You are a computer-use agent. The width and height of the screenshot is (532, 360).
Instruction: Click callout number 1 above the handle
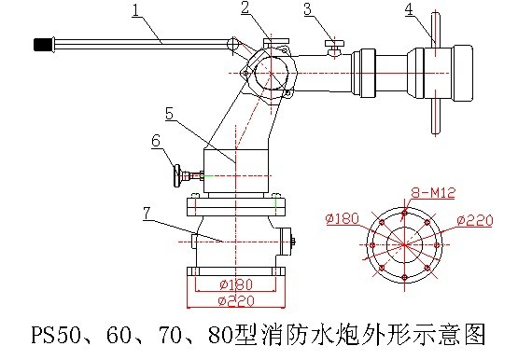(x=136, y=10)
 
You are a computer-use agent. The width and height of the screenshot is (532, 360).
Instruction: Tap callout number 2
(x=245, y=7)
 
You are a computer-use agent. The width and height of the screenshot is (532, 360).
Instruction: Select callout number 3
(x=308, y=9)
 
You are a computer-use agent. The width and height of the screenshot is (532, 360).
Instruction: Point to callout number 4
(x=410, y=9)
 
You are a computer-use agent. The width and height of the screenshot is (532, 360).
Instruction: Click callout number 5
(x=170, y=113)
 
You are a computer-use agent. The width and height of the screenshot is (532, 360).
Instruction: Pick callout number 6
(x=156, y=140)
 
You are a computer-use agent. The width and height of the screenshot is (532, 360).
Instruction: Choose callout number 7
(x=147, y=214)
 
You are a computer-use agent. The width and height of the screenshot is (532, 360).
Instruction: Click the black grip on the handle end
(x=44, y=45)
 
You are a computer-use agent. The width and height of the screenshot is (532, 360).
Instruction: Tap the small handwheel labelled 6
(x=177, y=175)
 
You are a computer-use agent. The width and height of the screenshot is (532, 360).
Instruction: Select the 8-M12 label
(x=433, y=193)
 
